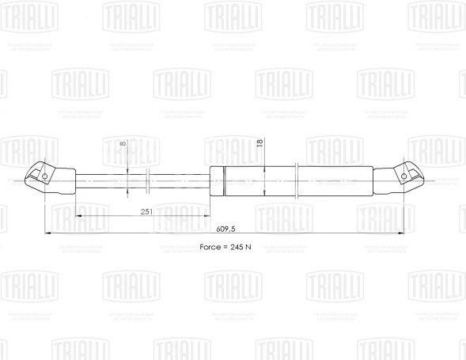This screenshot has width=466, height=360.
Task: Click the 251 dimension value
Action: tap(146, 212)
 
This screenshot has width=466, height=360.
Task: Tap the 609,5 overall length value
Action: tap(225, 229)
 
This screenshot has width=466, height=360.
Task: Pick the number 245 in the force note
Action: tap(238, 248)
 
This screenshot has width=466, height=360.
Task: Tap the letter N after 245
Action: tap(250, 248)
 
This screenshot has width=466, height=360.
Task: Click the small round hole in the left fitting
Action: tap(46, 176)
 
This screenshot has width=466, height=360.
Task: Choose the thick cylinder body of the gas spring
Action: tap(332, 181)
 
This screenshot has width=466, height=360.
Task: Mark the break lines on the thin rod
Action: tap(149, 181)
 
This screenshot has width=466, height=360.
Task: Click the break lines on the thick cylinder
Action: tap(294, 181)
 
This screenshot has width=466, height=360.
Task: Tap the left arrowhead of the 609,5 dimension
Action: tap(47, 233)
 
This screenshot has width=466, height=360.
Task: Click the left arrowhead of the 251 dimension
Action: tap(79, 217)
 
